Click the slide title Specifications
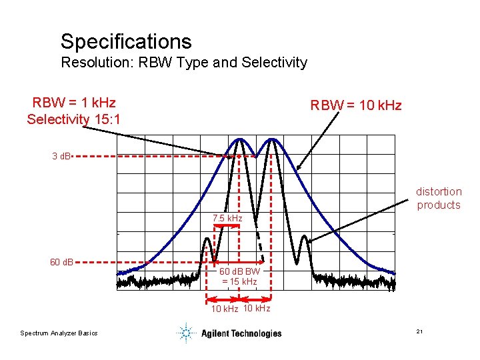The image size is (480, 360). (126, 41)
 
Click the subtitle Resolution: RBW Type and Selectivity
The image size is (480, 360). (184, 63)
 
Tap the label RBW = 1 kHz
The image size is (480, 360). (74, 103)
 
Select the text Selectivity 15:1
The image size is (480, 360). (73, 119)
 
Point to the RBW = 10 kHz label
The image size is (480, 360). (356, 105)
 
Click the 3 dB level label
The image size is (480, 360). (63, 157)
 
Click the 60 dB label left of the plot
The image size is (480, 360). (62, 261)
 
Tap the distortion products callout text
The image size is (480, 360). (439, 198)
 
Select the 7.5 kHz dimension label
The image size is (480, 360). (227, 219)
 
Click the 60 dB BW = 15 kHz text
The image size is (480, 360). (239, 277)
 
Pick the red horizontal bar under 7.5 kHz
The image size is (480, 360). (227, 226)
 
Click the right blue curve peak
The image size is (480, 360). (272, 139)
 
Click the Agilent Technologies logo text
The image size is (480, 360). (241, 333)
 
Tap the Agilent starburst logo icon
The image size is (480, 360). (186, 333)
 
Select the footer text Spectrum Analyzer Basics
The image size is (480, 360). (59, 333)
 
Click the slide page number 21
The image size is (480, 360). (420, 332)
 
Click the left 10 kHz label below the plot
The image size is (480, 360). (225, 309)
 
